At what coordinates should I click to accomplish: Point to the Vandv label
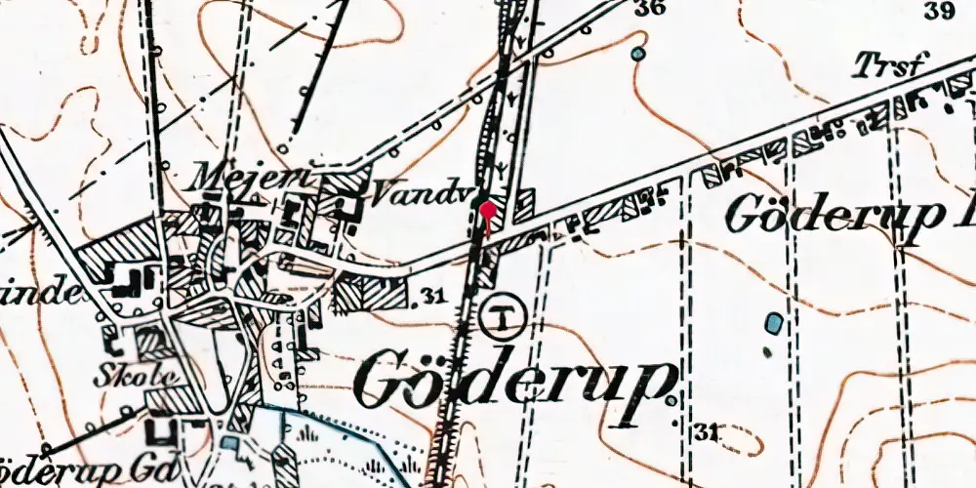(395, 195)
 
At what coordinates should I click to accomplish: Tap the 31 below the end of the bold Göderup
(710, 430)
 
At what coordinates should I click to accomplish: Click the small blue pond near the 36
(638, 54)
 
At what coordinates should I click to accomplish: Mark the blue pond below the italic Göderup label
(774, 323)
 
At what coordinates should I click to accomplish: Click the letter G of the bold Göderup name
(386, 381)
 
